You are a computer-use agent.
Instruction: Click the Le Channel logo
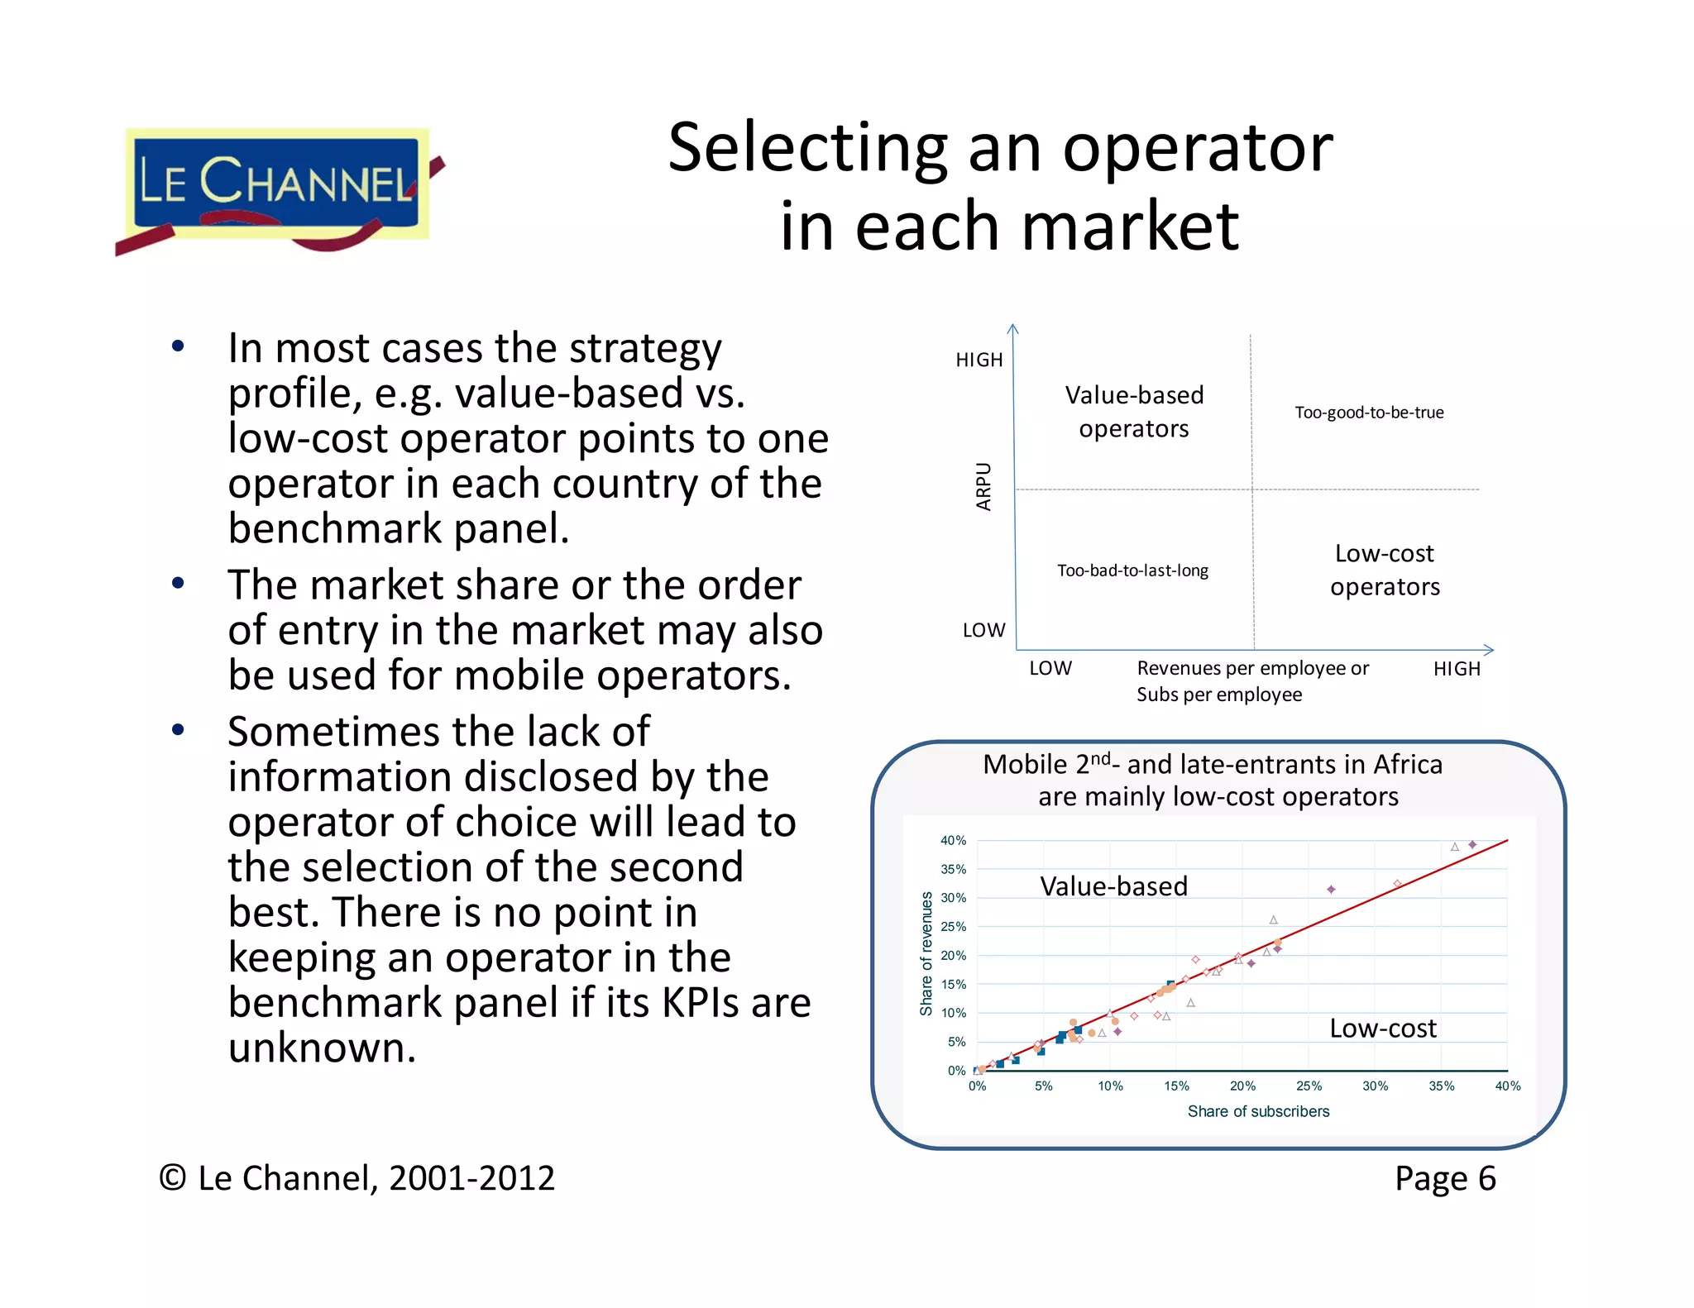click(x=277, y=187)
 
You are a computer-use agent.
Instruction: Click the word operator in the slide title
click(x=1197, y=149)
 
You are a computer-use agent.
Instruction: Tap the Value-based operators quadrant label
click(x=1133, y=412)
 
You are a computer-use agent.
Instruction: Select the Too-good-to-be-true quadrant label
click(x=1368, y=413)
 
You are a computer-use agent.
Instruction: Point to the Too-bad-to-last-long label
click(x=1132, y=570)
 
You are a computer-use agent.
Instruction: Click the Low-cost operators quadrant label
click(x=1384, y=570)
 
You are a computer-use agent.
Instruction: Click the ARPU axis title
click(x=983, y=486)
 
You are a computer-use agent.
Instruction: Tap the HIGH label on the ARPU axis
click(x=979, y=360)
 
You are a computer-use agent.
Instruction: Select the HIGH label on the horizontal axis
click(x=1456, y=669)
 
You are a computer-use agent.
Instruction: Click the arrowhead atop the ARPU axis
click(x=1012, y=329)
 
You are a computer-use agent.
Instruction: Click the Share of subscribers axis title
click(x=1257, y=1111)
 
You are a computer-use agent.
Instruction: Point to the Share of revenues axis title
click(x=926, y=953)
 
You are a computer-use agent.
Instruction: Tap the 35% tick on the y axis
click(x=953, y=869)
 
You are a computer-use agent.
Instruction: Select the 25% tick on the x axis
click(x=1309, y=1086)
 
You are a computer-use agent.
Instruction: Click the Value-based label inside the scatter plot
click(x=1113, y=886)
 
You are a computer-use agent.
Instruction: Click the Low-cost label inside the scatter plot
click(x=1382, y=1028)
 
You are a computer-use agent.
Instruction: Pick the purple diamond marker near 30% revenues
click(x=1331, y=890)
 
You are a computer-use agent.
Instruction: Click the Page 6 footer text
click(x=1444, y=1178)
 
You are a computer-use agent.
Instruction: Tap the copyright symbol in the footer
click(x=172, y=1178)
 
